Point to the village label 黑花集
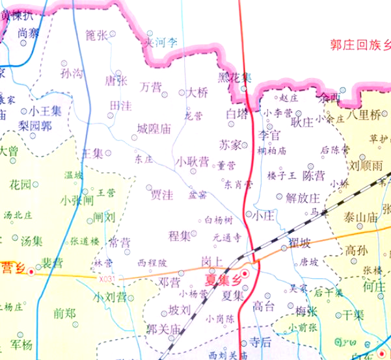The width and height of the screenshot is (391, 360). (x=234, y=77)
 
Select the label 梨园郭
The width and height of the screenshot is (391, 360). (x=35, y=125)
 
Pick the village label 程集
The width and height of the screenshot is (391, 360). (x=179, y=235)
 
